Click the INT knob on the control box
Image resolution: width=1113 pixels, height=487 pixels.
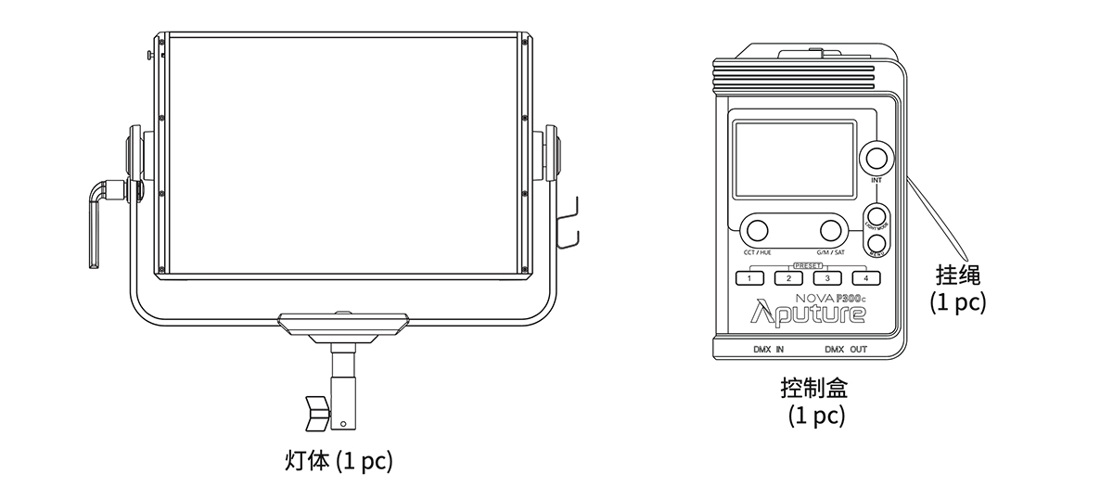tap(876, 155)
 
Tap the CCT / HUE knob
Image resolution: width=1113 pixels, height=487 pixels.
tap(757, 230)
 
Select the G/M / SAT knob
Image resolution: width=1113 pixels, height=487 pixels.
tap(830, 230)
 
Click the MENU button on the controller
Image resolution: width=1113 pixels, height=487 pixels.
tap(876, 245)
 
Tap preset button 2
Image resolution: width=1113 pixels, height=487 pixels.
tap(788, 277)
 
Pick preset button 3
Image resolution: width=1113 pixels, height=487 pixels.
tap(827, 277)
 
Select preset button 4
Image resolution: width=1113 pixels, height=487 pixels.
tap(865, 277)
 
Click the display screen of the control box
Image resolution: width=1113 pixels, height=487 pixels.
tap(794, 160)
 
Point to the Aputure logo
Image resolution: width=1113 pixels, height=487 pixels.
tap(808, 314)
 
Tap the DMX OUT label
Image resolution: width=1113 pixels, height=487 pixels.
tap(846, 351)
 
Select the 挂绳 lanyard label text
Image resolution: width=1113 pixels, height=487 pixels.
tap(958, 276)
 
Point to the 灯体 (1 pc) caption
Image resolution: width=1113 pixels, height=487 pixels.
tap(338, 460)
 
